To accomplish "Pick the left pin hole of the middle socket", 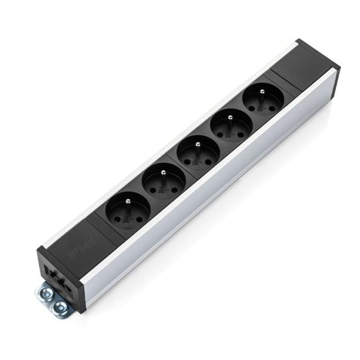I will tap(184, 162).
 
